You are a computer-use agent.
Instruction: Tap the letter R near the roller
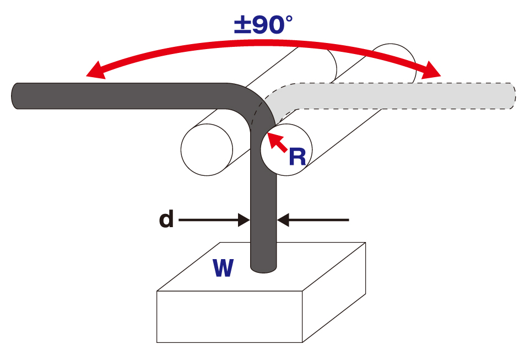tap(297, 157)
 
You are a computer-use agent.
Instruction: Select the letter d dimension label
tap(166, 220)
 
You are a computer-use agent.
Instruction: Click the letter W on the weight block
tap(223, 268)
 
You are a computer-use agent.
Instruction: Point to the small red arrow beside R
tap(277, 143)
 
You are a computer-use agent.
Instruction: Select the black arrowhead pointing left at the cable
tap(284, 221)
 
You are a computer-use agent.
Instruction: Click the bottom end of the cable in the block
tap(263, 267)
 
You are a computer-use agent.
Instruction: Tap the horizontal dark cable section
tap(121, 96)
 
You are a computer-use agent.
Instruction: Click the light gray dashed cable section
tap(397, 95)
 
